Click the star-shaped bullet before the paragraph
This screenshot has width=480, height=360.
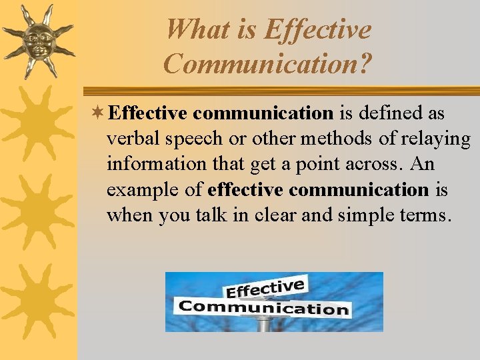click(98, 113)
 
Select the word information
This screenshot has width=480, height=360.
click(153, 164)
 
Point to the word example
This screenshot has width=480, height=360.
click(136, 190)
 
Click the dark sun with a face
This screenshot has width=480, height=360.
click(37, 41)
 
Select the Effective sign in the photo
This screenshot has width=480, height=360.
click(265, 289)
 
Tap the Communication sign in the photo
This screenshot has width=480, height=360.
click(264, 307)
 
